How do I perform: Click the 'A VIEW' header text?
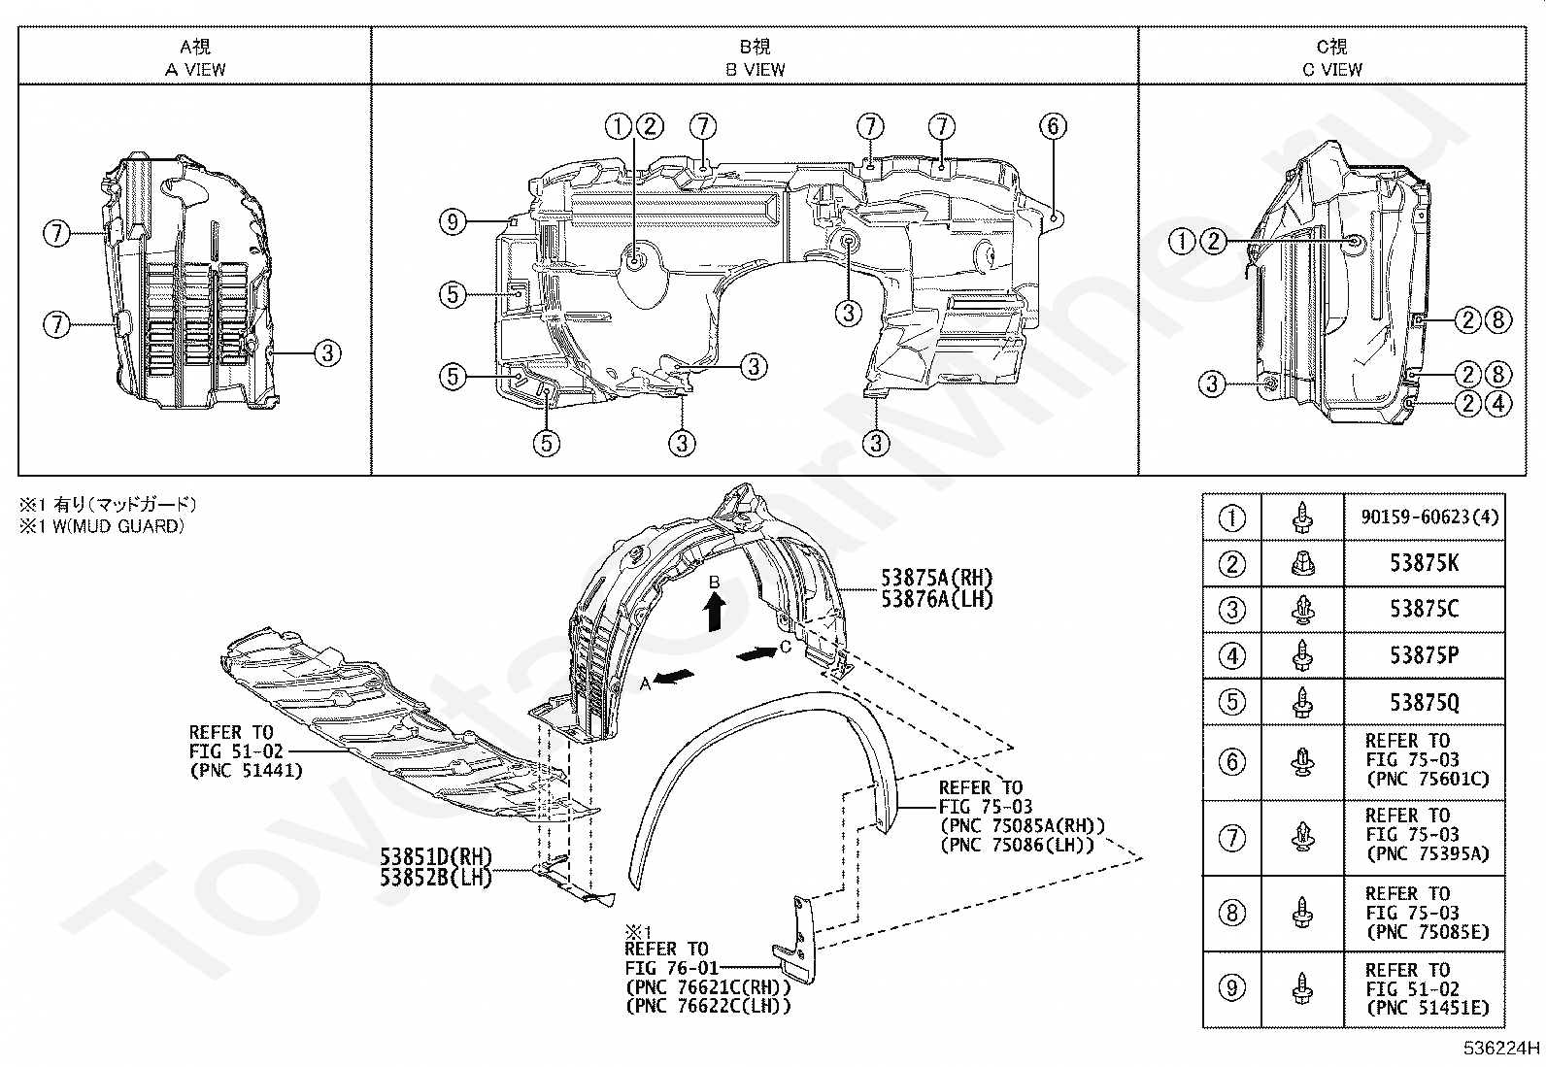195,69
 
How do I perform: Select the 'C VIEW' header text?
1332,69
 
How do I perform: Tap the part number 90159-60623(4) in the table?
1423,518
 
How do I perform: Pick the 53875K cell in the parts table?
1424,563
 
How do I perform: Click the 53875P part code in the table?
1424,656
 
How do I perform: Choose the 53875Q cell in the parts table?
1424,702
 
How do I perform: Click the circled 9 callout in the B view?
454,223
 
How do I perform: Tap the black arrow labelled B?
715,611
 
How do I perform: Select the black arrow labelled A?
674,679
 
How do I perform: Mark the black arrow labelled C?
756,654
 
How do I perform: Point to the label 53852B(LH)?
435,877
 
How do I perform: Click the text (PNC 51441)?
246,771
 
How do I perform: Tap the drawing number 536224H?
1502,1049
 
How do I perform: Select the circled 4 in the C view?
1498,403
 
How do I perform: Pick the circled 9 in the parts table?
1231,989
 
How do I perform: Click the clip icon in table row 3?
1302,610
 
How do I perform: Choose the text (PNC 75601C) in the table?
1427,780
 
